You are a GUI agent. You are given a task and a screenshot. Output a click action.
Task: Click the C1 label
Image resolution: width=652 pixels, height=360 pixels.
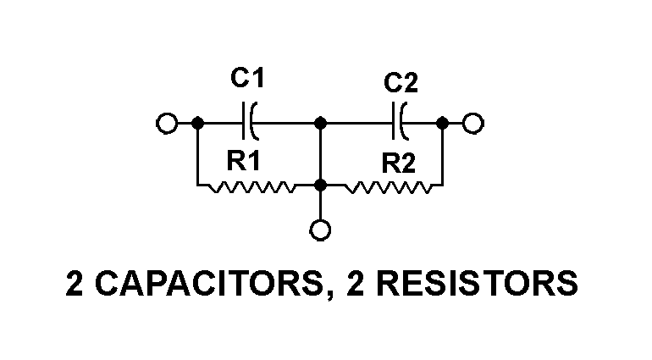coord(247,81)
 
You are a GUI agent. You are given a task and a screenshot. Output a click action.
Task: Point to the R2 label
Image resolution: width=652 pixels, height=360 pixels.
coord(399,163)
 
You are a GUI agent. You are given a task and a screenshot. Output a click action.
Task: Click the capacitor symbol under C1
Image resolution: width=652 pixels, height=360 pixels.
coord(250,123)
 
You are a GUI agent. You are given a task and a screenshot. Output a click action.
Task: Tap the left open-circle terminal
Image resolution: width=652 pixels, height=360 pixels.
coord(167,124)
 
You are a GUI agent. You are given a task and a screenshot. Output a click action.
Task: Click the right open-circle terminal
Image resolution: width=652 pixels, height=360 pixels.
coord(473,124)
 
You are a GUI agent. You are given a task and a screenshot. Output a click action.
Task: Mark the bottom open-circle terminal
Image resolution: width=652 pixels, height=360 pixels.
coord(321,230)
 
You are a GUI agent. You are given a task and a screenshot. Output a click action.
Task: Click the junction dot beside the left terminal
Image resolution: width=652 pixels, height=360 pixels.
coord(197,124)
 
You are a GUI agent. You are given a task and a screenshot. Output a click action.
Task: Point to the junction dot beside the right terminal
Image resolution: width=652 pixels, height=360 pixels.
coord(442,124)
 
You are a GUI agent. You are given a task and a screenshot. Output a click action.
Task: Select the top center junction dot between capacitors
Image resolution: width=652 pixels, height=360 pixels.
coord(321,124)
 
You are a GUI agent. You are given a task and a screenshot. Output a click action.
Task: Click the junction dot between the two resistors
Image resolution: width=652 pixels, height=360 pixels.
coord(321,185)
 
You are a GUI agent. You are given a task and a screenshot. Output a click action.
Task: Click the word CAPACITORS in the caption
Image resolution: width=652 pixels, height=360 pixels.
coord(208,283)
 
